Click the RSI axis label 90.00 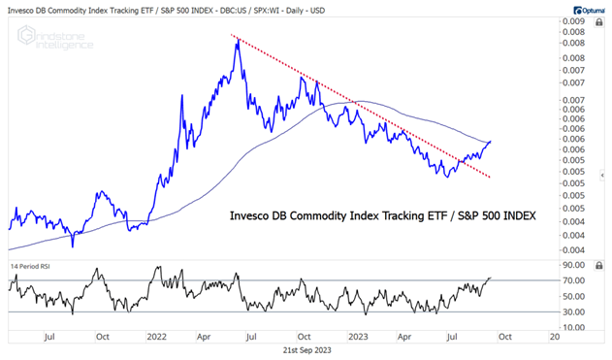573,265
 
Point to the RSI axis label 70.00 573,280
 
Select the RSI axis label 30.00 573,311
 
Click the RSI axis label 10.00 573,327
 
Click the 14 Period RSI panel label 33,264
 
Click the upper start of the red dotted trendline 232,36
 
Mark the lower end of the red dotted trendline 491,177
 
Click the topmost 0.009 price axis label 571,20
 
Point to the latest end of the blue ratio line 491,142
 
